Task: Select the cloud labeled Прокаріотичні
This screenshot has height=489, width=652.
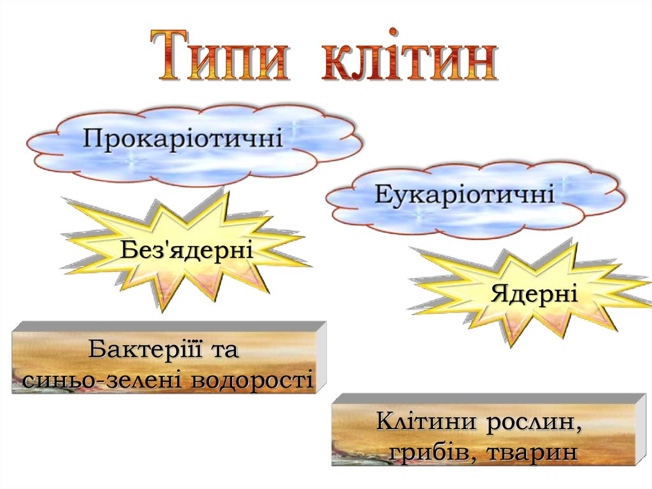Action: point(191,143)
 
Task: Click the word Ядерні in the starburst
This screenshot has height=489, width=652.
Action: point(534,295)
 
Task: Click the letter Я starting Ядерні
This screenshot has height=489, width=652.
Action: point(499,295)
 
